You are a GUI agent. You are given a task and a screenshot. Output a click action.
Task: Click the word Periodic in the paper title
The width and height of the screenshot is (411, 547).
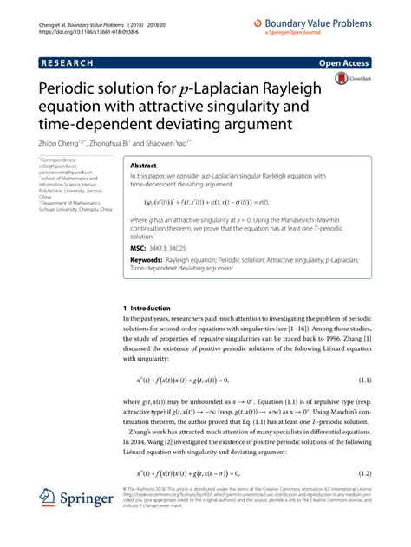(x=65, y=89)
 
